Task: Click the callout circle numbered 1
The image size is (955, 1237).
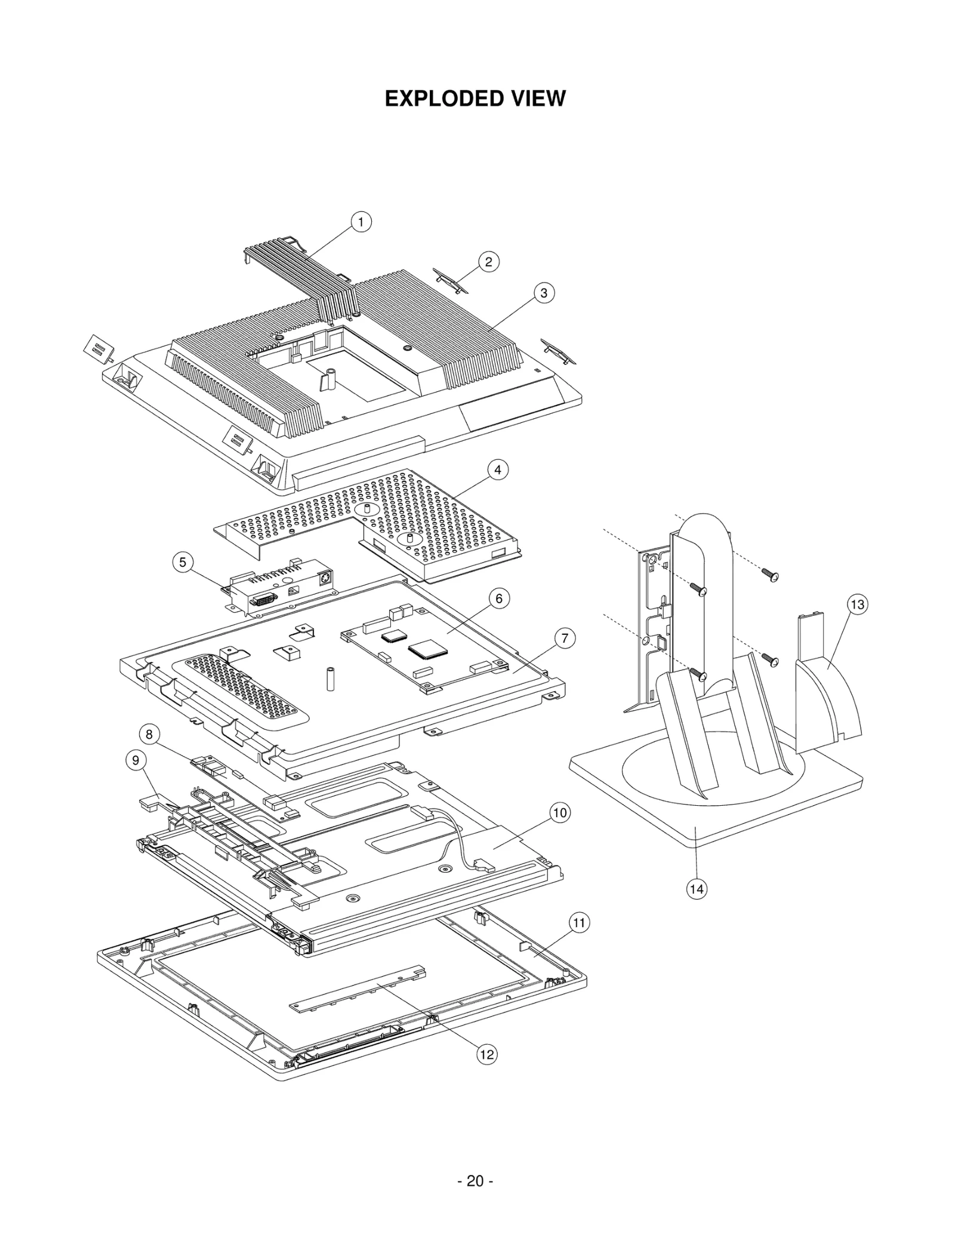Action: point(361,222)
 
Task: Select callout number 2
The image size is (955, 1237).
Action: point(489,262)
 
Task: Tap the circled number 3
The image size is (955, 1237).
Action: point(544,293)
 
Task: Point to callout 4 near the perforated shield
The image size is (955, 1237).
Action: point(498,470)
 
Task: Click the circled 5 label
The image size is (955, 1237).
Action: point(183,563)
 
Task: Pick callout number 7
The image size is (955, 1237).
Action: point(565,639)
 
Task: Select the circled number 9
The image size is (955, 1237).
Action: point(136,760)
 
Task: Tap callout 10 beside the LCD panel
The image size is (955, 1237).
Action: point(560,813)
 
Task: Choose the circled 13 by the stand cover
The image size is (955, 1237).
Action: point(857,604)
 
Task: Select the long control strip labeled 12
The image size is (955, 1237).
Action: point(358,989)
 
